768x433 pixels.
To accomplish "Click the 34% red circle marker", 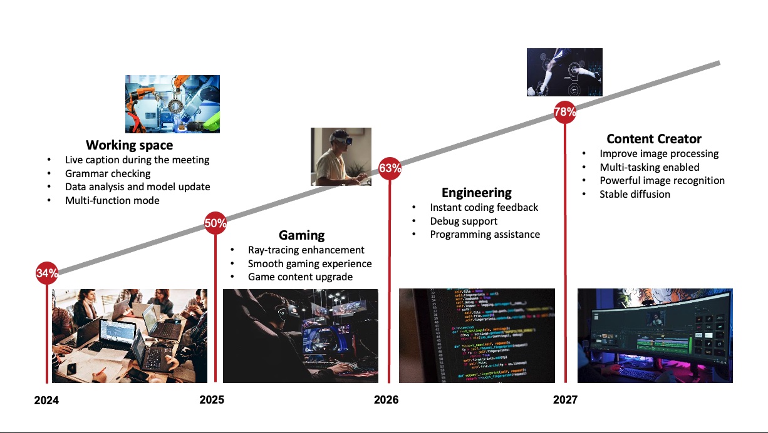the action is pyautogui.click(x=47, y=273).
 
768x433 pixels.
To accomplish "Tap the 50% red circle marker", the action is pyautogui.click(x=215, y=223).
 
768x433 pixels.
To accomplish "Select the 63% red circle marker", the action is pyautogui.click(x=390, y=168).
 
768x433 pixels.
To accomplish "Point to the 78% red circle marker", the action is pyautogui.click(x=565, y=112).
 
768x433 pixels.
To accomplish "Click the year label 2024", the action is pyautogui.click(x=46, y=400).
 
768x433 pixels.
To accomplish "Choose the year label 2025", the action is pyautogui.click(x=212, y=399).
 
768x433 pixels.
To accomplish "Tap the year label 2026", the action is pyautogui.click(x=387, y=399).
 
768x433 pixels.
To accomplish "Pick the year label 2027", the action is pyautogui.click(x=566, y=399).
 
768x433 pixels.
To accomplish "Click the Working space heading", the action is pyautogui.click(x=130, y=145).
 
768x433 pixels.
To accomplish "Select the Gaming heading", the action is pyautogui.click(x=302, y=235).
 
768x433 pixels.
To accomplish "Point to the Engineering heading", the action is pyautogui.click(x=477, y=193).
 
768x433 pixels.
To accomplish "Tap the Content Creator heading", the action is pyautogui.click(x=654, y=139).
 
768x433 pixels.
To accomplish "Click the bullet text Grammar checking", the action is pyautogui.click(x=108, y=174).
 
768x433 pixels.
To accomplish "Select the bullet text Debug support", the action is pyautogui.click(x=464, y=222).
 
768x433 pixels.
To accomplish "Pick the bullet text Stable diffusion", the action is pyautogui.click(x=635, y=194).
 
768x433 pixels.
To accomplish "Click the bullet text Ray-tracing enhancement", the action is pyautogui.click(x=306, y=250).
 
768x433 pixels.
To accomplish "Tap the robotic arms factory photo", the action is pyautogui.click(x=172, y=104).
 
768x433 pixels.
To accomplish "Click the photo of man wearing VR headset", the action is pyautogui.click(x=341, y=156).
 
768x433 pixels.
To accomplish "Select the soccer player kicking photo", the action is pyautogui.click(x=564, y=73).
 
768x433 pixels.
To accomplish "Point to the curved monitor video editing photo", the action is pyautogui.click(x=655, y=336).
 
